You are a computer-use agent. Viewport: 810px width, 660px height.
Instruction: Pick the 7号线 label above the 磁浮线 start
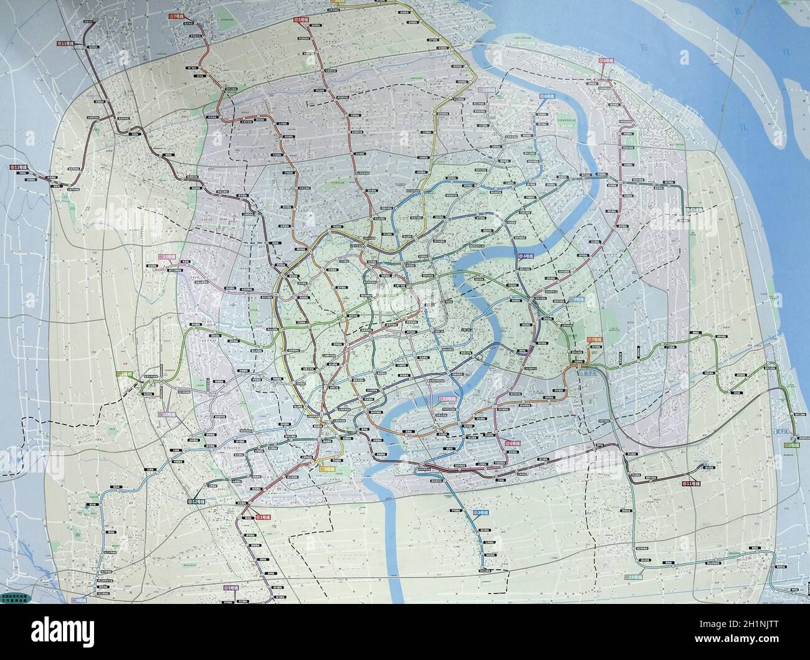click(x=594, y=339)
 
